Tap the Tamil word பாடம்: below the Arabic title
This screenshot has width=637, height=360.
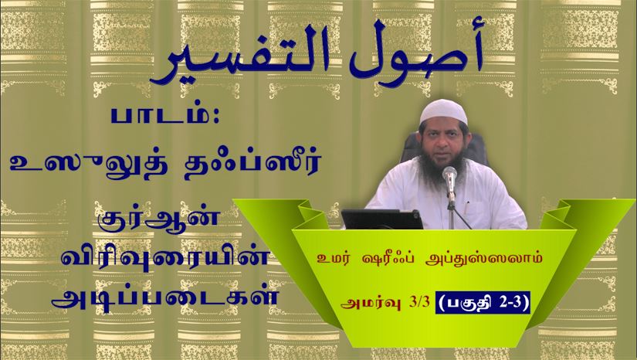pos(165,117)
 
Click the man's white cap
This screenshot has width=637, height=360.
pos(443,112)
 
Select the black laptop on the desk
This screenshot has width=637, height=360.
pos(382,219)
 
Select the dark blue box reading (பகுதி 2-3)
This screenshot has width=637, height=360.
pos(483,302)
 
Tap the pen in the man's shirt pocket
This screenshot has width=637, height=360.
pos(468,205)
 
